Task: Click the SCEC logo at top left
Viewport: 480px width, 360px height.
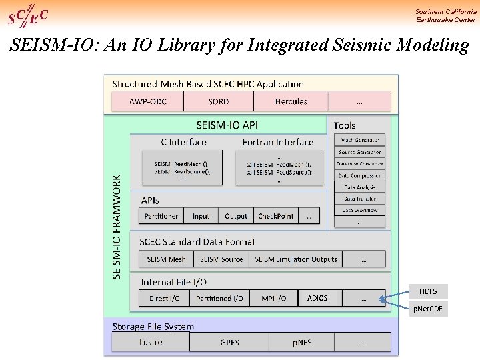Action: (x=27, y=15)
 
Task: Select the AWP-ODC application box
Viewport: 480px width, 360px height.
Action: (x=147, y=102)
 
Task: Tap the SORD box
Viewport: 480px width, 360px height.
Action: (x=218, y=102)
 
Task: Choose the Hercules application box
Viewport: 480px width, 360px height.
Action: (x=291, y=102)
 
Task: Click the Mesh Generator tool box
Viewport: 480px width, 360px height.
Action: (x=359, y=140)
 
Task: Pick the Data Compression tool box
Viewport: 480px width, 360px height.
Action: (x=359, y=176)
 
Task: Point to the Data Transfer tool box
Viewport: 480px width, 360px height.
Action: (x=359, y=199)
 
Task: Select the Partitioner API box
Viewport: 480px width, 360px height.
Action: (x=161, y=216)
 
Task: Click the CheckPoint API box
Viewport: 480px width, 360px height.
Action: (x=276, y=216)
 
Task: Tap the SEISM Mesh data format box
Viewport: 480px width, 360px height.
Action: (x=167, y=259)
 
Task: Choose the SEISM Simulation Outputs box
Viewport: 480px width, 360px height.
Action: (x=295, y=259)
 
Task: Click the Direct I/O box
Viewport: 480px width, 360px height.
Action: (x=165, y=299)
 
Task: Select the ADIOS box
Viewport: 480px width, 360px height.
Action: (x=317, y=298)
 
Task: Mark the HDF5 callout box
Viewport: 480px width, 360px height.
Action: (x=428, y=291)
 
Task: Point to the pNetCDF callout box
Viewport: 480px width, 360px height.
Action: (x=428, y=309)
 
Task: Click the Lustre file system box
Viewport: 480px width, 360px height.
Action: (x=151, y=342)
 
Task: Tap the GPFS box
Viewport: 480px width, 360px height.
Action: (x=229, y=343)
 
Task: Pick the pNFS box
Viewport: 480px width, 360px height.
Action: (x=301, y=343)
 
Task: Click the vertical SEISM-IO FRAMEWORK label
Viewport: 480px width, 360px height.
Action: (x=117, y=227)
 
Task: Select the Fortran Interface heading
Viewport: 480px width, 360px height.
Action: (x=277, y=142)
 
